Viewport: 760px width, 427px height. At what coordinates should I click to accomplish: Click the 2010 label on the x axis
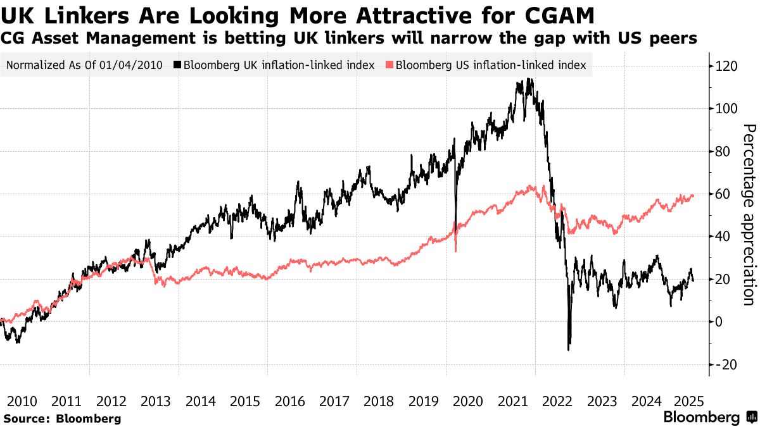[22, 401]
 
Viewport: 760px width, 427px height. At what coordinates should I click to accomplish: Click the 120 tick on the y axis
[726, 66]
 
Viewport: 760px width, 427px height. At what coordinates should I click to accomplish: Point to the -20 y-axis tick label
[726, 364]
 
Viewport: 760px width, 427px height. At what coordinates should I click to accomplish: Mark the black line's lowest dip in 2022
[569, 349]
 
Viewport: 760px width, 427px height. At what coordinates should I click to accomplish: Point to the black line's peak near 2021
[527, 80]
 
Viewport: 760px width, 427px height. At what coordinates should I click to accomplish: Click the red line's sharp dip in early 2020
[456, 251]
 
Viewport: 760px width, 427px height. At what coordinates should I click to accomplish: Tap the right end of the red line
[693, 195]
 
